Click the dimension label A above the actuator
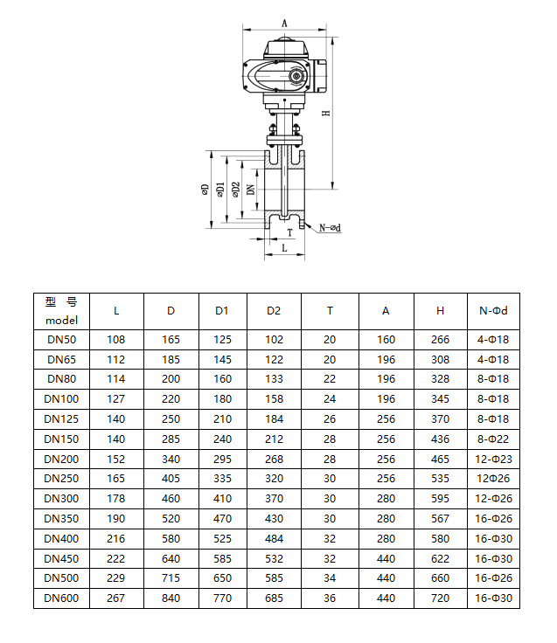pyautogui.click(x=286, y=23)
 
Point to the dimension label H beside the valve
pyautogui.click(x=325, y=114)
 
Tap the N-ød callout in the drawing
pyautogui.click(x=329, y=228)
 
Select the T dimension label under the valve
pyautogui.click(x=289, y=233)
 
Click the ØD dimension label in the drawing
pyautogui.click(x=205, y=190)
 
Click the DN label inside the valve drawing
pyautogui.click(x=250, y=189)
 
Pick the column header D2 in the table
pyautogui.click(x=274, y=310)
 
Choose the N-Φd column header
pyautogui.click(x=493, y=310)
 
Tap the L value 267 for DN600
pyautogui.click(x=116, y=598)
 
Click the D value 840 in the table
pyautogui.click(x=171, y=598)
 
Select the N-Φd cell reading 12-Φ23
pyautogui.click(x=493, y=459)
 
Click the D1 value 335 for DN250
pyautogui.click(x=222, y=479)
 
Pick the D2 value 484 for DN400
pyautogui.click(x=274, y=539)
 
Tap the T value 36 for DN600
pyautogui.click(x=330, y=598)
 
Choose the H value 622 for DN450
pyautogui.click(x=441, y=559)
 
